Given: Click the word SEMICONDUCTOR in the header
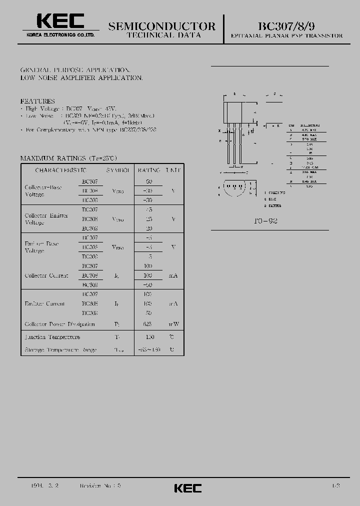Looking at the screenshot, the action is point(162,26).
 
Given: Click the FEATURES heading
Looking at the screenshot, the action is point(37,101).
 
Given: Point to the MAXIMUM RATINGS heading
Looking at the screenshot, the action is point(68,158).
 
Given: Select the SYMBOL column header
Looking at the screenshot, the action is point(118,170).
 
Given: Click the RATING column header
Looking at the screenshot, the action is point(149,170).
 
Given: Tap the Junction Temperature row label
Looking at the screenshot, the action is point(52,337).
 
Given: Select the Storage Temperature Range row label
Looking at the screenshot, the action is point(60,350).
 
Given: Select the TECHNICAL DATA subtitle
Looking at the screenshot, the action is point(164,35).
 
